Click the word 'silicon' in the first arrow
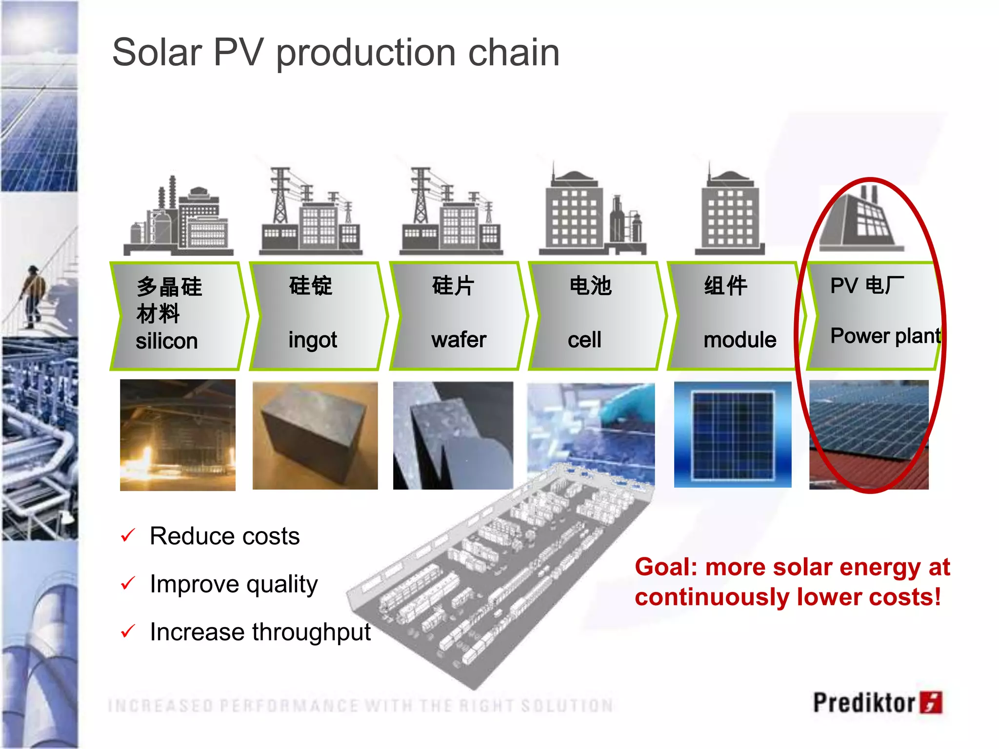(x=166, y=341)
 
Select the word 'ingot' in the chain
(x=312, y=340)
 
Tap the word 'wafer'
(x=459, y=340)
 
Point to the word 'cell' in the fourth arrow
(x=584, y=340)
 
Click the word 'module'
(x=739, y=340)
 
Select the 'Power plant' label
(x=885, y=336)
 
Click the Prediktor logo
(x=877, y=703)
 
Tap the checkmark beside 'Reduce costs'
(x=128, y=535)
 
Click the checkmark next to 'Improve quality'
(x=128, y=583)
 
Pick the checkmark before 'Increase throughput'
(x=128, y=631)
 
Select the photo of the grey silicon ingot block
(x=315, y=435)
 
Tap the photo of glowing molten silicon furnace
(x=178, y=435)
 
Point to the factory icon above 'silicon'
(x=178, y=217)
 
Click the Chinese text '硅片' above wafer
(x=453, y=286)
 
